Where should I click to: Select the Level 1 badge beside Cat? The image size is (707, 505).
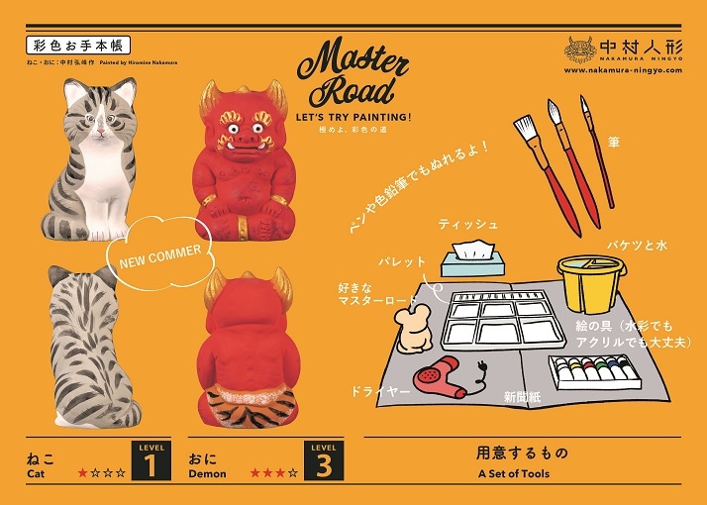(150, 461)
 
